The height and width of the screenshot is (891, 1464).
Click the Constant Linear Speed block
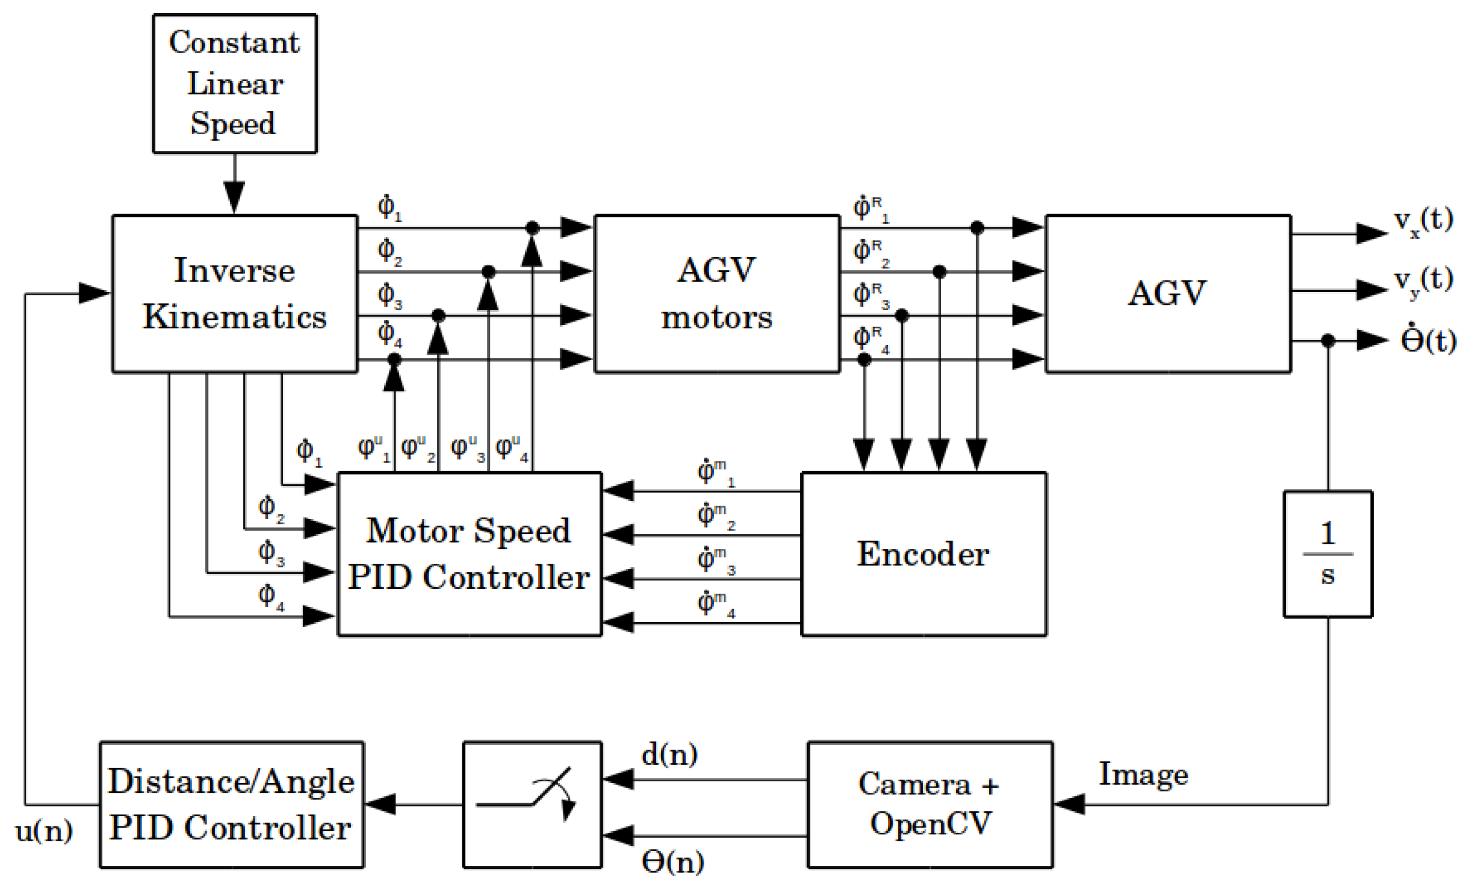[x=235, y=83]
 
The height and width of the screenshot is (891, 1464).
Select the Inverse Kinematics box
[x=235, y=294]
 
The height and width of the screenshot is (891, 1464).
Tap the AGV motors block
[x=716, y=294]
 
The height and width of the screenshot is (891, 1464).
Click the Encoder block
[x=923, y=554]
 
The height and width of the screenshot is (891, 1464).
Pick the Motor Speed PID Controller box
[x=469, y=554]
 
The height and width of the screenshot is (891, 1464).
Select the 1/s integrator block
[x=1328, y=554]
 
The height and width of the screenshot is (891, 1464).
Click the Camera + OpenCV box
[x=930, y=804]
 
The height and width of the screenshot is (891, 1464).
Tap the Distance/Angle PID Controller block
[x=232, y=804]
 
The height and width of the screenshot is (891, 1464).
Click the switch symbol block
[x=533, y=804]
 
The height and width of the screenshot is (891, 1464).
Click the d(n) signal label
[x=670, y=755]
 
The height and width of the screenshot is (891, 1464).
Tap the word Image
[x=1143, y=774]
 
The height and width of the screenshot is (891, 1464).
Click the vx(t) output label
[x=1423, y=222]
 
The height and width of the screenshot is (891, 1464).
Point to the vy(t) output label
[x=1423, y=280]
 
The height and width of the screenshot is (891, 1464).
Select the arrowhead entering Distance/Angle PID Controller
[x=381, y=804]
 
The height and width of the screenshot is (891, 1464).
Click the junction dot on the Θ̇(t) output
[x=1328, y=340]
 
